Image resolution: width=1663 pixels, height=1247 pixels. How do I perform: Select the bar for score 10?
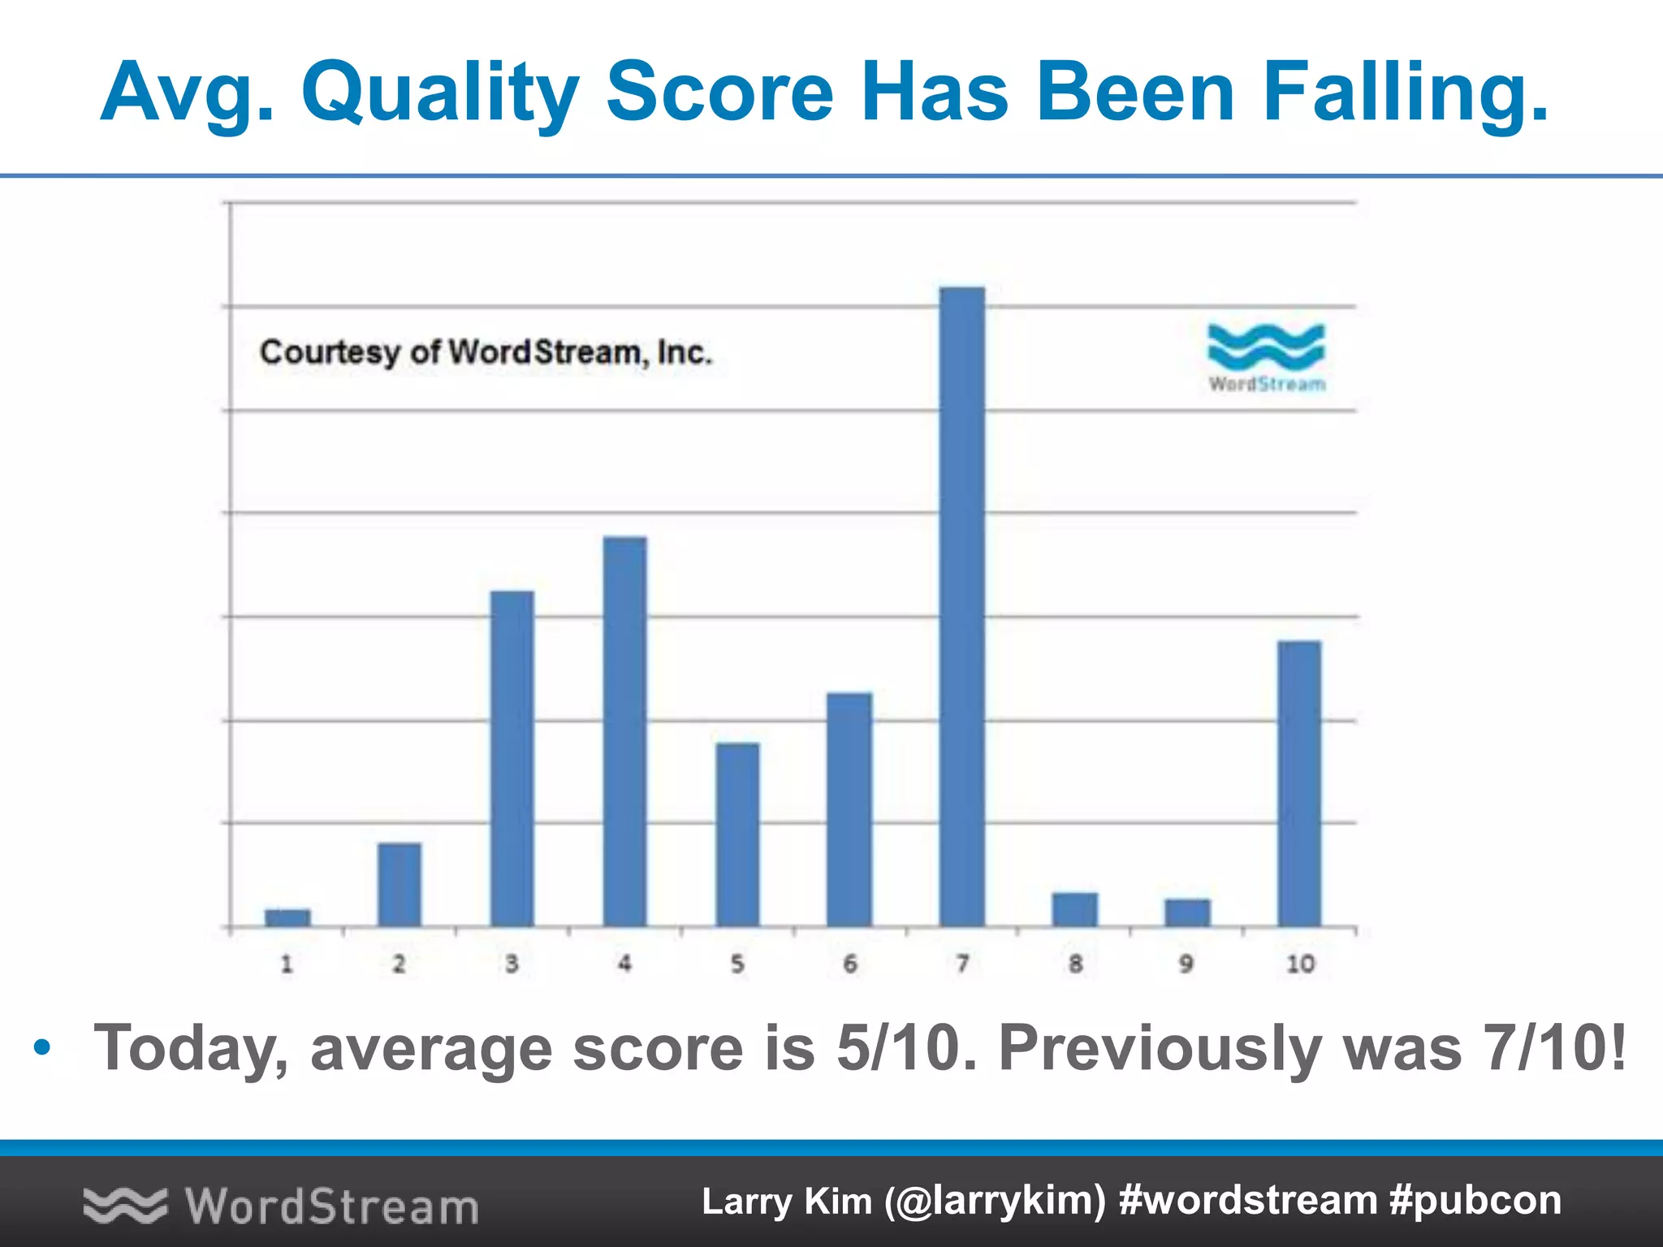pyautogui.click(x=1299, y=783)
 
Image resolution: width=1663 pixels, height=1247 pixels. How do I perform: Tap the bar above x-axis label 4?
pyautogui.click(x=624, y=731)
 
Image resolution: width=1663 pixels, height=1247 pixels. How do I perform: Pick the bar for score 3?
pyautogui.click(x=512, y=758)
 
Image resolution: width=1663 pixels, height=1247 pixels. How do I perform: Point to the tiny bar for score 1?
pyautogui.click(x=287, y=917)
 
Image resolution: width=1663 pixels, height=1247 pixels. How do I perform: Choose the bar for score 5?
pyautogui.click(x=737, y=834)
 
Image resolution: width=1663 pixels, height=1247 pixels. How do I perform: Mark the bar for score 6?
pyautogui.click(x=849, y=809)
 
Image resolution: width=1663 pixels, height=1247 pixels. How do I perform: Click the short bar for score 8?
pyautogui.click(x=1074, y=909)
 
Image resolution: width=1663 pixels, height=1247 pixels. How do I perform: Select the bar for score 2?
pyautogui.click(x=400, y=884)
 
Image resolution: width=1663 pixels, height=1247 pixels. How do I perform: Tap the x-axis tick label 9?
pyautogui.click(x=1186, y=964)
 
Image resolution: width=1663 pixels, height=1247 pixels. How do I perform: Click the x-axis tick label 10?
pyautogui.click(x=1300, y=964)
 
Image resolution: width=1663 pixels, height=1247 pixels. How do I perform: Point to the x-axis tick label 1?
pyautogui.click(x=287, y=964)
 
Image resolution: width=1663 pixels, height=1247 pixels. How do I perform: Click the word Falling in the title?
pyautogui.click(x=1405, y=93)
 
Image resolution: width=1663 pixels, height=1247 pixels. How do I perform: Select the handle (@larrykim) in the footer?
pyautogui.click(x=995, y=1201)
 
